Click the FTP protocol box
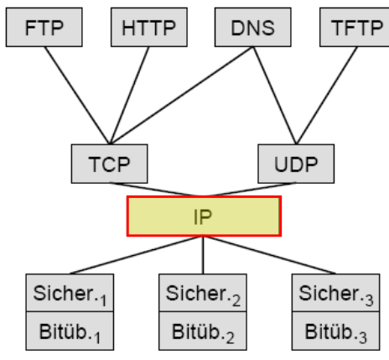44,27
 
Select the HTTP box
149,27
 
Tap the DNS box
253,27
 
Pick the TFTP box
355,27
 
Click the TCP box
109,164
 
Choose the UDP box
296,164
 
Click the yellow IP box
204,217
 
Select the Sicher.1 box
70,293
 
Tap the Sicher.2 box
203,293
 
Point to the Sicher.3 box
335,293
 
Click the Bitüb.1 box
70,331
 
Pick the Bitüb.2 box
203,331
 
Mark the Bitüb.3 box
335,331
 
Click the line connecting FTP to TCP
77,96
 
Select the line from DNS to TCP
182,96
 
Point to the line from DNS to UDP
275,96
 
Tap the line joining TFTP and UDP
327,96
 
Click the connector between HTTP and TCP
130,96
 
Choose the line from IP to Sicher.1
137,255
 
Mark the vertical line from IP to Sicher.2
203,255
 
